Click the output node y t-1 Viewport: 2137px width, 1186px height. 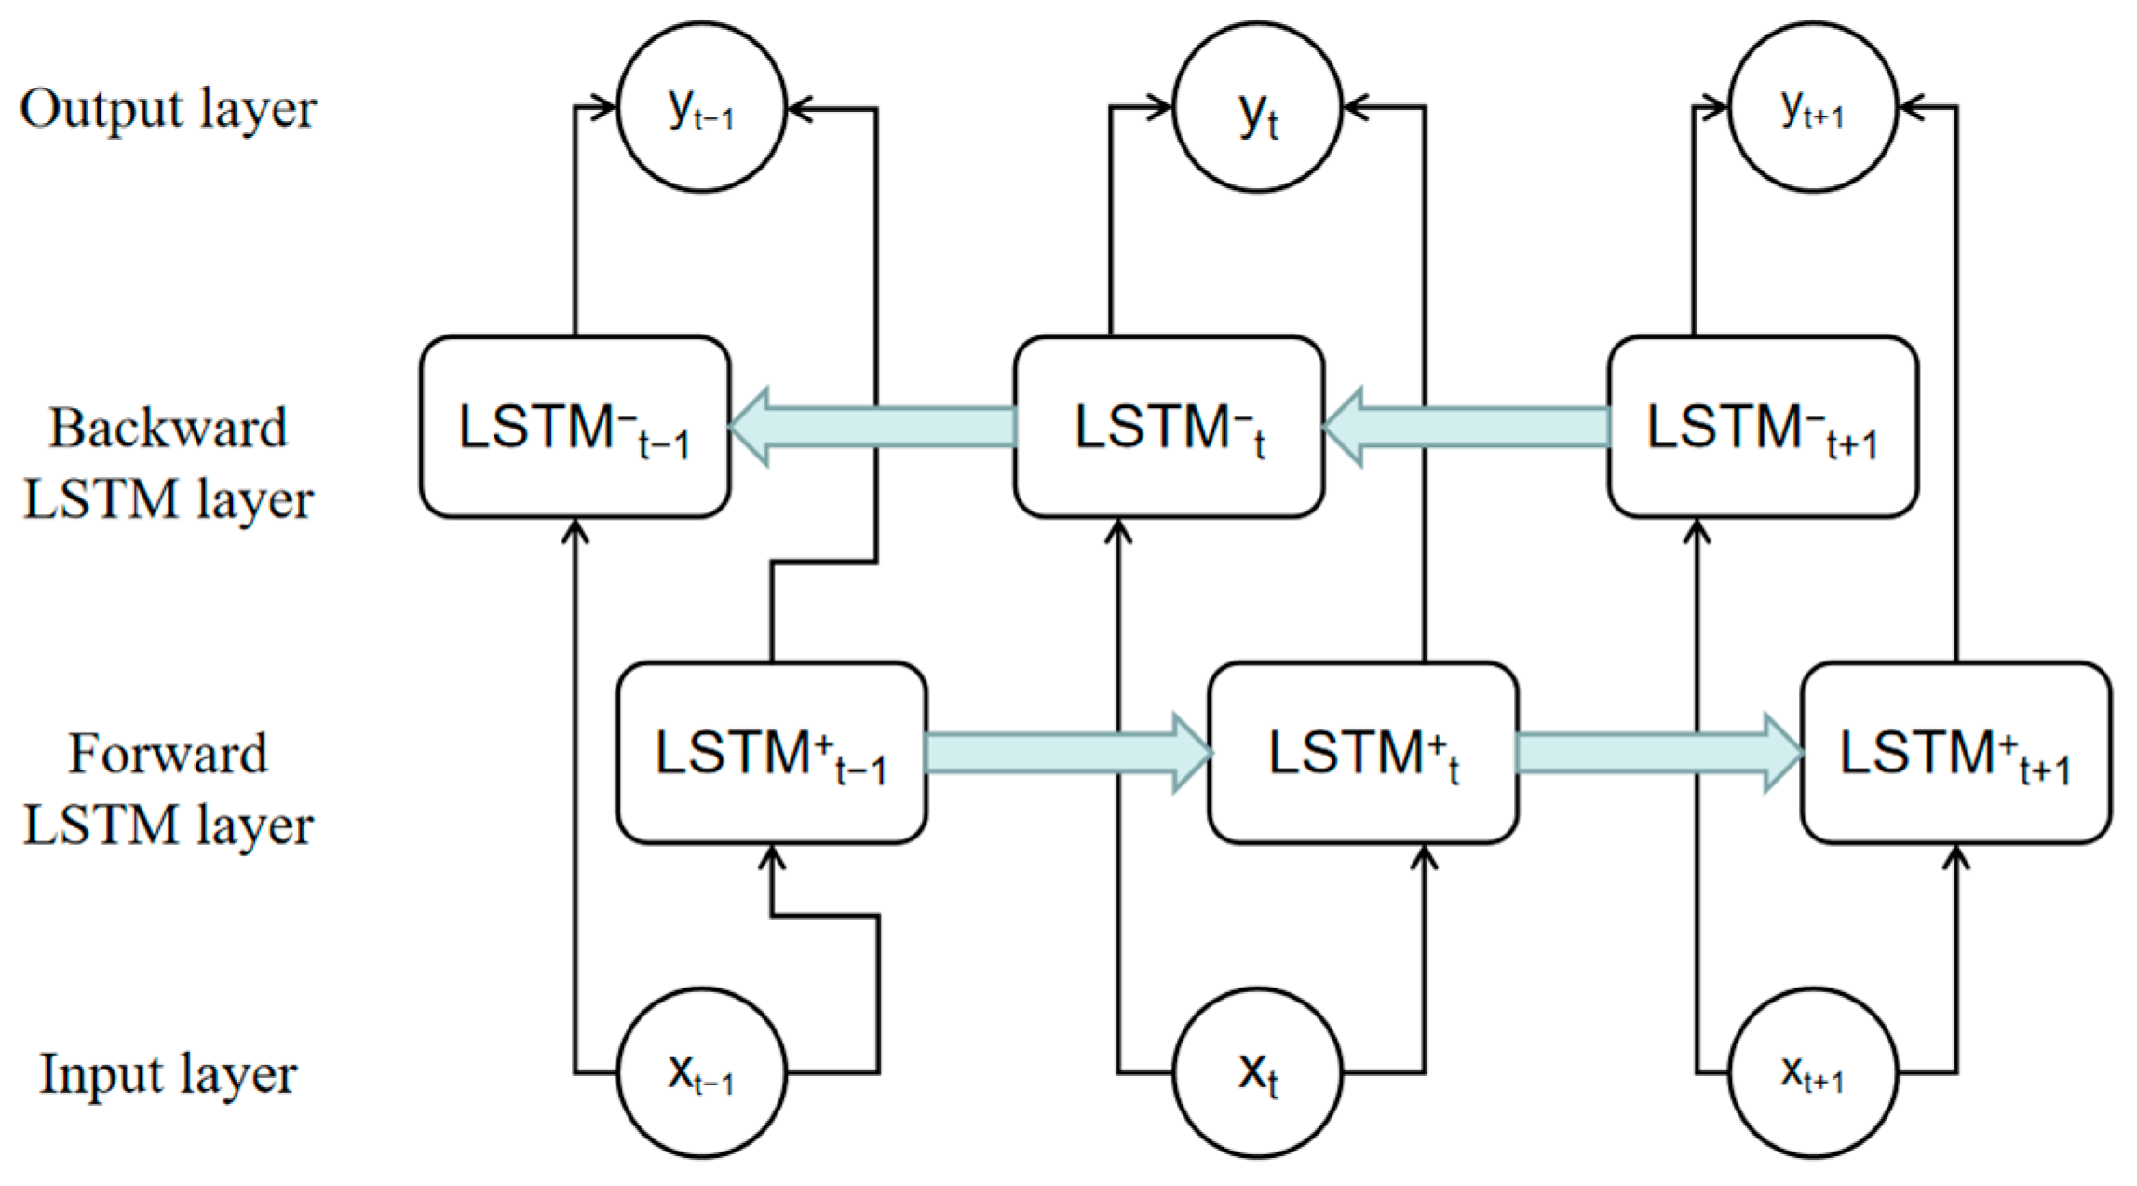(701, 108)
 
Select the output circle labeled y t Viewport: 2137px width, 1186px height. (1257, 108)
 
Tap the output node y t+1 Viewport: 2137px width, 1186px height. (1812, 108)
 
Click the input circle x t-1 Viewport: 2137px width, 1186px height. (701, 1073)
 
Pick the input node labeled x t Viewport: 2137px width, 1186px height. (1257, 1073)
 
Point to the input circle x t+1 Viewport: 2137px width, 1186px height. (1812, 1073)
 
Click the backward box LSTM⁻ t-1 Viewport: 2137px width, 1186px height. (575, 428)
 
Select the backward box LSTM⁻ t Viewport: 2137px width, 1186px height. (1169, 428)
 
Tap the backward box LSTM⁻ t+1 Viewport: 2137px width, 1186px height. (1763, 428)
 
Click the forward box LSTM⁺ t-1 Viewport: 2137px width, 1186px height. (771, 753)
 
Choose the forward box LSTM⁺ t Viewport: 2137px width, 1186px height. (1363, 753)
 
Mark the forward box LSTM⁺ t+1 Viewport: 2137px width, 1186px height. (1955, 753)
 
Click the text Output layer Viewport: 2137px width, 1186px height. (169, 109)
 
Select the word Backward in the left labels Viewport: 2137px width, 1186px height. (169, 428)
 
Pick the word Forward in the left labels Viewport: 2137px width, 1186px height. (169, 753)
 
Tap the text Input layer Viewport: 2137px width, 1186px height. (169, 1073)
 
